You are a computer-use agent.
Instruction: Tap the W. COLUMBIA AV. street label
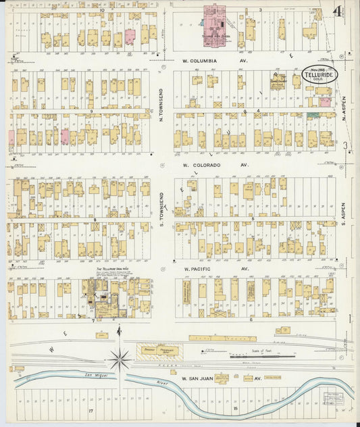[212, 60]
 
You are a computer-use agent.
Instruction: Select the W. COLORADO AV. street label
[215, 164]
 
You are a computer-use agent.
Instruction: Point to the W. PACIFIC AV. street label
[213, 268]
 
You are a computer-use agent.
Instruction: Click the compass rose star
[120, 359]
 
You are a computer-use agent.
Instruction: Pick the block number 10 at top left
[102, 11]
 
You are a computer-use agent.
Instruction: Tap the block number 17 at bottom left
[90, 409]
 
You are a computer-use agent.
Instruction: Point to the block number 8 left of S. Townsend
[95, 220]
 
